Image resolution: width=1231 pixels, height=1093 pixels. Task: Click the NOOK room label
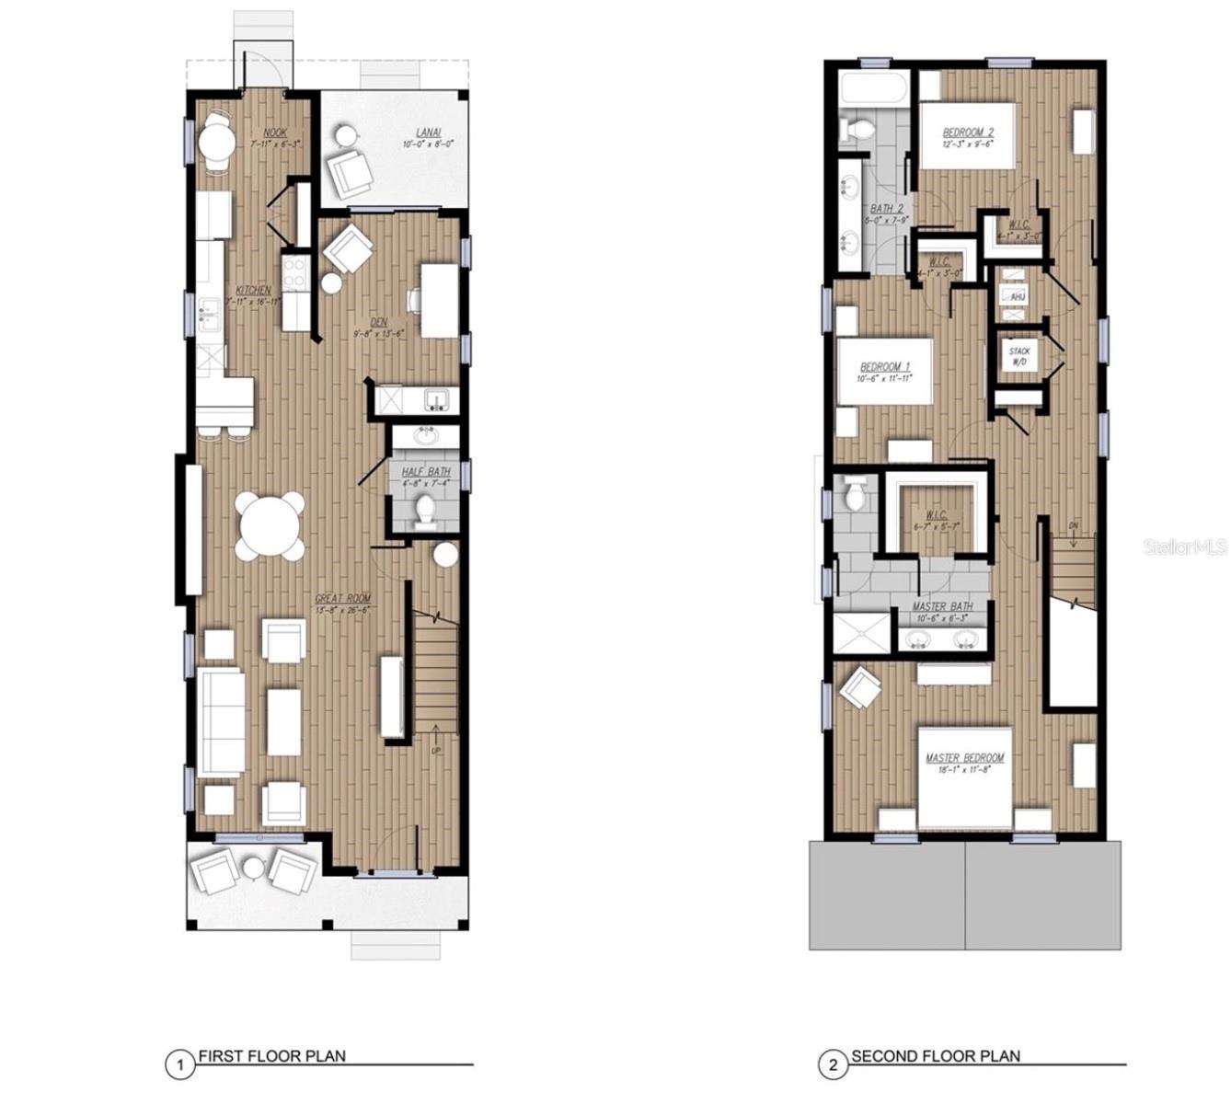tap(275, 132)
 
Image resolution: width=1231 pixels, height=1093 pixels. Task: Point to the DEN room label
tap(378, 322)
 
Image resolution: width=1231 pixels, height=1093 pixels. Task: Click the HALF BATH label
tap(426, 472)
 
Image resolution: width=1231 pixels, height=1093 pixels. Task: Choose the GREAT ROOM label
tap(342, 598)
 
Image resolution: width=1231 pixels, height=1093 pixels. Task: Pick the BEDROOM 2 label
tap(966, 132)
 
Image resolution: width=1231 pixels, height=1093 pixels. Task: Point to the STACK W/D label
tap(1018, 357)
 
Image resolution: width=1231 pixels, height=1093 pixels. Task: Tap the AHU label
tap(1018, 298)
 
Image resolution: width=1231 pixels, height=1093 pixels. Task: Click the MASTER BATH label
tap(942, 607)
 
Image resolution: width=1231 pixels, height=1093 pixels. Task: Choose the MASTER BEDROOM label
tap(965, 758)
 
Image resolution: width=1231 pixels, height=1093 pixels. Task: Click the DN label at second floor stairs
tap(1074, 525)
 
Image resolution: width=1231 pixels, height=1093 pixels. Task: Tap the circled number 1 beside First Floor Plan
tap(180, 1065)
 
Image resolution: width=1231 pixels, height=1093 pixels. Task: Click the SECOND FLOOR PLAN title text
tap(936, 1056)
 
